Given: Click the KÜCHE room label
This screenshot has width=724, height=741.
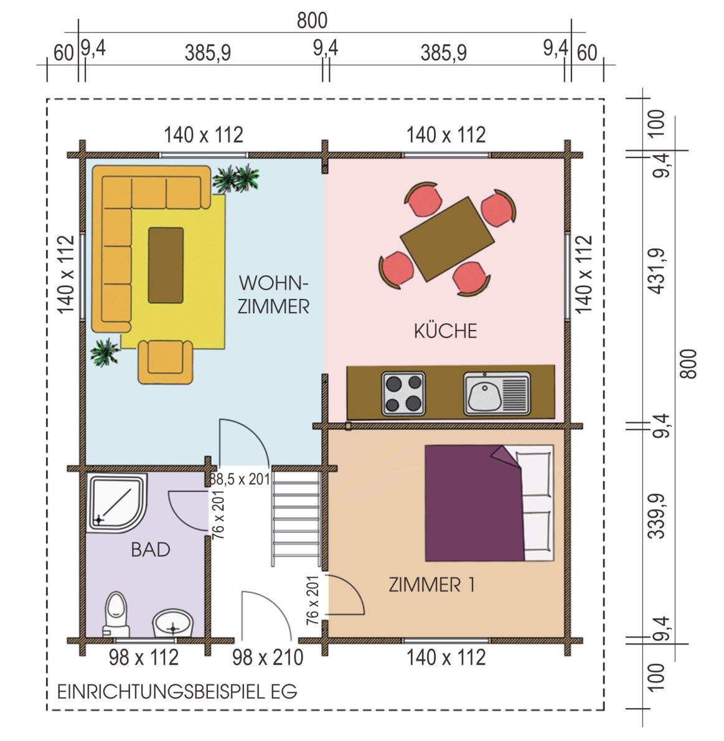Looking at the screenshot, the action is tap(445, 331).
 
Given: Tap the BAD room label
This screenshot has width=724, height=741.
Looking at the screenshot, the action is tap(150, 550).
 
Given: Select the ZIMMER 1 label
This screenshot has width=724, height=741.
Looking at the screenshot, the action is tap(431, 585).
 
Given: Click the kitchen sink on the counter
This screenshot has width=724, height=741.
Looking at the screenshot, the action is tap(497, 394).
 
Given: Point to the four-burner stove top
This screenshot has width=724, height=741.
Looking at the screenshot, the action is tap(403, 394).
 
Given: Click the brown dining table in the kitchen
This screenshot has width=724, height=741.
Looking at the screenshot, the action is tap(447, 239).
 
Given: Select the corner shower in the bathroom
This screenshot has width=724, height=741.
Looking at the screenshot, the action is tap(118, 503).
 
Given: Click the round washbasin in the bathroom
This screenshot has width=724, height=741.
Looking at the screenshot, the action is tap(173, 623).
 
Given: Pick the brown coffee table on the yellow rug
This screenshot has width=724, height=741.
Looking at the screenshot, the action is tap(166, 265).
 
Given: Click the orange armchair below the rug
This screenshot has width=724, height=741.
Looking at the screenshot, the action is tap(166, 362).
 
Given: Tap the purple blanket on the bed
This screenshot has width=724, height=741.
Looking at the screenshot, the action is tap(474, 503).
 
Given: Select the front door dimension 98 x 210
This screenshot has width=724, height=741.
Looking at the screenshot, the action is tap(268, 658).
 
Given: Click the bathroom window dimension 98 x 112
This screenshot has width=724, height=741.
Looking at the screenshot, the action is tap(144, 658).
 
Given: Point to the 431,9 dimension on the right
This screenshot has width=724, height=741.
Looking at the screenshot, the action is tap(658, 271).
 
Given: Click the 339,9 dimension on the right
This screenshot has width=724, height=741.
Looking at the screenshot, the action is tap(657, 516).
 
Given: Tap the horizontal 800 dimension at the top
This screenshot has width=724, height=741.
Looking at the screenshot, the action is tap(312, 21).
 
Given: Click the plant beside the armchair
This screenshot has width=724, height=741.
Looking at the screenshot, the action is tap(105, 352).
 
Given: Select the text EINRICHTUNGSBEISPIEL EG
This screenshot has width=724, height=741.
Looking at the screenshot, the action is tap(177, 692).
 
